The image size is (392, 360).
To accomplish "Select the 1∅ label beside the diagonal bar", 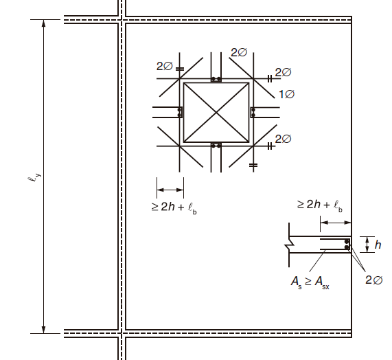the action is [286, 94].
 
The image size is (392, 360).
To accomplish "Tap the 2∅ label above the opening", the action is [239, 52].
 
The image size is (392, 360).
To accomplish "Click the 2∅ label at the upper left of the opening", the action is [165, 66].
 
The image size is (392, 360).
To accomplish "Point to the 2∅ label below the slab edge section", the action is [373, 280].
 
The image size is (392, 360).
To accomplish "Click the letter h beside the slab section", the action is [378, 245].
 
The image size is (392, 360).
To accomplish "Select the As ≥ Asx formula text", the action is [310, 282].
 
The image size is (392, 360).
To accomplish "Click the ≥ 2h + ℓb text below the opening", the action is [174, 207].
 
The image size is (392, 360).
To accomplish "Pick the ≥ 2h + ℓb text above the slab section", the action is [320, 205].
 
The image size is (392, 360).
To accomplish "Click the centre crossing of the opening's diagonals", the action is [216, 113].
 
